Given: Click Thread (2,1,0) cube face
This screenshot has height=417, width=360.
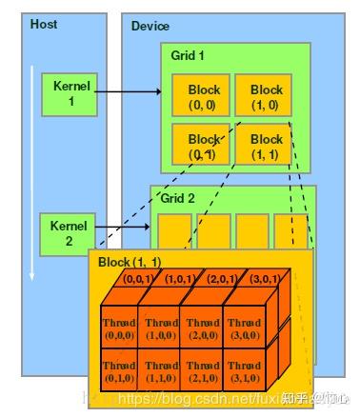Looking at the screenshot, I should click(202, 369).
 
